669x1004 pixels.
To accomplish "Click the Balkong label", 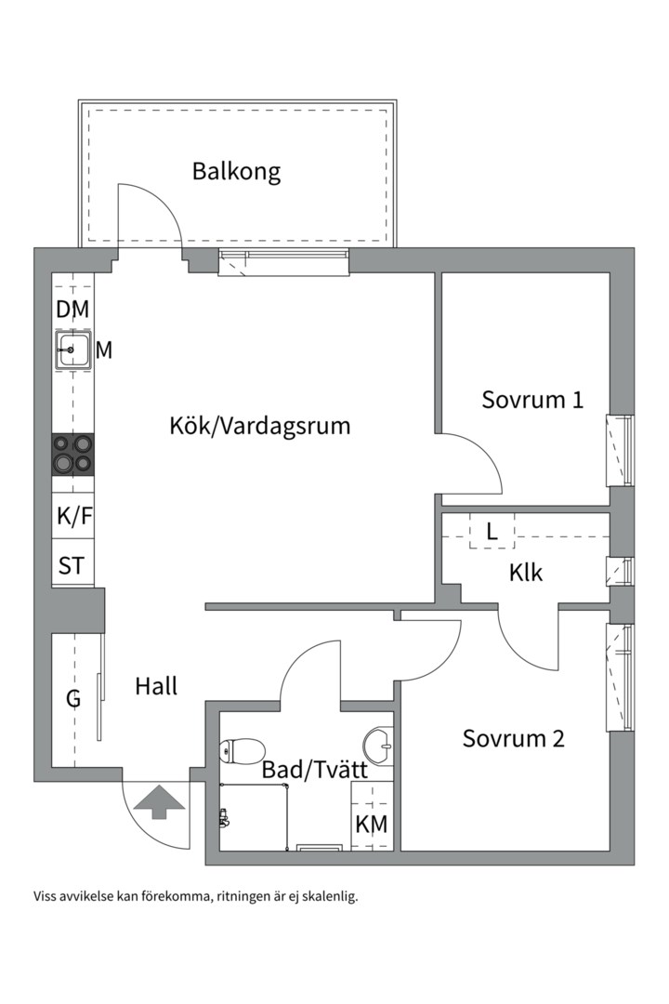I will click(x=236, y=172).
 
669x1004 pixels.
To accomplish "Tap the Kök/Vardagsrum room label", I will click(x=260, y=426).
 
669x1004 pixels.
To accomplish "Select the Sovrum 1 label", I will click(x=532, y=400).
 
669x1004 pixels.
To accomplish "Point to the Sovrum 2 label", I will click(x=514, y=739).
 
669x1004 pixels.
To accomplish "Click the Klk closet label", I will click(x=526, y=572).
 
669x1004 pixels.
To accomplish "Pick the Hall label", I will click(x=156, y=687).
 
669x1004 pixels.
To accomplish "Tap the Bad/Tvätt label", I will click(x=314, y=770).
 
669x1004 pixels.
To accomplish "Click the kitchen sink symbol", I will click(x=72, y=351).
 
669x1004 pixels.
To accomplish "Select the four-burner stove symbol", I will click(x=73, y=455).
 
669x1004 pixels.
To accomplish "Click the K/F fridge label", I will click(x=74, y=517).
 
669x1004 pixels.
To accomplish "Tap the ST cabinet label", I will click(x=72, y=565).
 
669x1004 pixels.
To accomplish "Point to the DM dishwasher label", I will click(x=72, y=310).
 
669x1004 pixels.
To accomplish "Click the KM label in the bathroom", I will click(x=372, y=825).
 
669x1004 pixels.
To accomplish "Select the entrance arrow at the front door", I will click(x=156, y=801).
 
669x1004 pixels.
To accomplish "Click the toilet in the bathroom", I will click(x=243, y=749).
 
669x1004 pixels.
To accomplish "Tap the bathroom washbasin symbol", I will click(x=379, y=743).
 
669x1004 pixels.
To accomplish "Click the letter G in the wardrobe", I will click(x=72, y=699).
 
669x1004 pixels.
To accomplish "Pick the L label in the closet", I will click(x=492, y=533).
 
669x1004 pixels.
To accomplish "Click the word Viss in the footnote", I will click(x=46, y=897).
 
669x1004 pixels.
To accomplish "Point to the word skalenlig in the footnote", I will click(x=329, y=897).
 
